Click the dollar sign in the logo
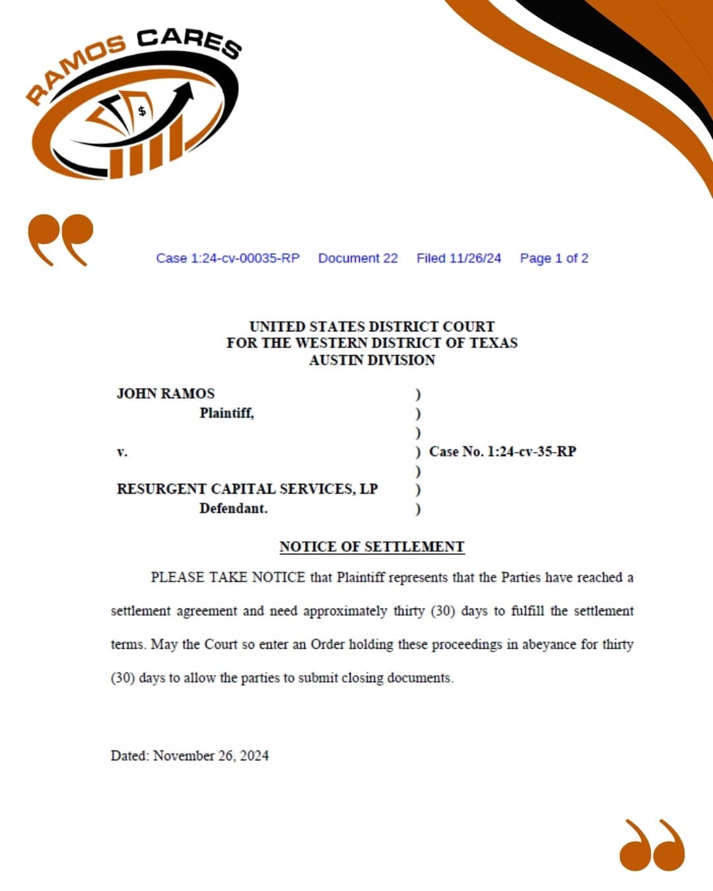pyautogui.click(x=141, y=111)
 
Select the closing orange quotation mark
pyautogui.click(x=652, y=845)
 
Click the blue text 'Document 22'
pyautogui.click(x=358, y=258)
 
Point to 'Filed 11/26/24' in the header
pyautogui.click(x=459, y=258)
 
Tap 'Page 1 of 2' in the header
pyautogui.click(x=554, y=258)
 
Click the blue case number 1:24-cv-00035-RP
pyautogui.click(x=228, y=258)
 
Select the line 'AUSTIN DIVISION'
pyautogui.click(x=372, y=360)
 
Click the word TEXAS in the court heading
pyautogui.click(x=493, y=343)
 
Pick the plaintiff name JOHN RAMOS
pyautogui.click(x=166, y=394)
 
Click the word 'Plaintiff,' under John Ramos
pyautogui.click(x=226, y=413)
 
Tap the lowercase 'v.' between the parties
pyautogui.click(x=122, y=452)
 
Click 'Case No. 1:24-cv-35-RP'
pyautogui.click(x=502, y=452)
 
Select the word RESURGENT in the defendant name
pyautogui.click(x=161, y=489)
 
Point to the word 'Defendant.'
pyautogui.click(x=234, y=509)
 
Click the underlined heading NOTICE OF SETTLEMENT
pyautogui.click(x=372, y=547)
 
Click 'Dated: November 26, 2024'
pyautogui.click(x=189, y=756)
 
